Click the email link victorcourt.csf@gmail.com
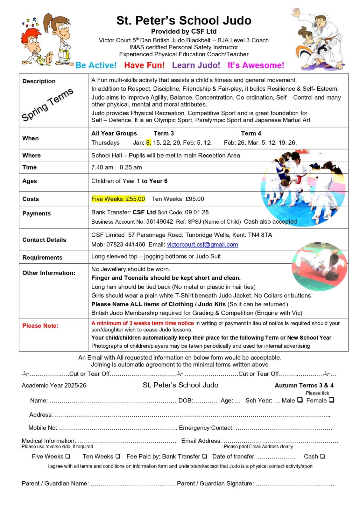pyautogui.click(x=202, y=245)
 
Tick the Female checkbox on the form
pyautogui.click(x=331, y=400)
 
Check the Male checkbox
pyautogui.click(x=300, y=400)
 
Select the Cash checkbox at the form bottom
pyautogui.click(x=322, y=456)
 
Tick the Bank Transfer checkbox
pyautogui.click(x=204, y=456)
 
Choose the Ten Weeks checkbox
pyautogui.click(x=118, y=456)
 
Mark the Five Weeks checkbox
pyautogui.click(x=68, y=456)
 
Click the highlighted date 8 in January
pyautogui.click(x=148, y=143)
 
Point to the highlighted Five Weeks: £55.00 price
pyautogui.click(x=118, y=199)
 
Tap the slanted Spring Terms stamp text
pyautogui.click(x=47, y=104)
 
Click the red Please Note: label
pyautogui.click(x=40, y=326)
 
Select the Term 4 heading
pyautogui.click(x=251, y=133)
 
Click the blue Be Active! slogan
pyautogui.click(x=96, y=65)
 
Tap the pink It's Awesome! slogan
pyautogui.click(x=256, y=65)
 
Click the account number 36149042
pyautogui.click(x=159, y=221)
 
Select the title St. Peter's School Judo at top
pyautogui.click(x=184, y=20)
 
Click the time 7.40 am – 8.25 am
pyautogui.click(x=116, y=167)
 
